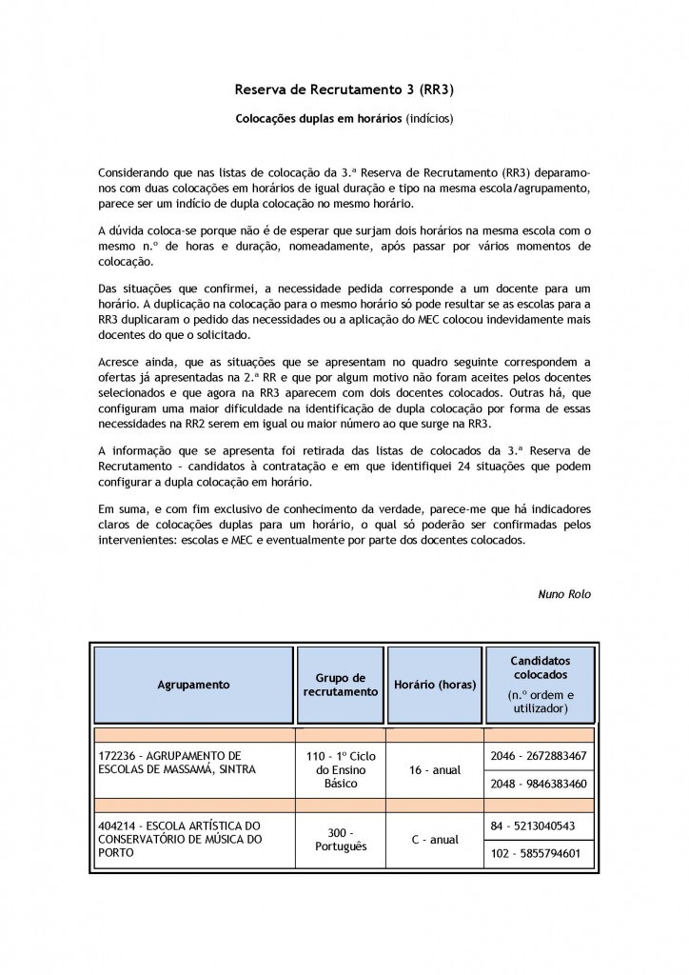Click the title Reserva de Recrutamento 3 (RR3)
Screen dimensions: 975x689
pos(344,90)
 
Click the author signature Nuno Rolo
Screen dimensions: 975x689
pos(564,594)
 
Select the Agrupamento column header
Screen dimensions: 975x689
pos(194,685)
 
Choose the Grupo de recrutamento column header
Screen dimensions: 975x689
pos(340,685)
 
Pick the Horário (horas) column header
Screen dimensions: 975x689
pos(435,685)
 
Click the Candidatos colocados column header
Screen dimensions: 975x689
pos(539,684)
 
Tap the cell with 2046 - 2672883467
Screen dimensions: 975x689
pos(539,755)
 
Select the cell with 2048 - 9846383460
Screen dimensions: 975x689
pos(539,784)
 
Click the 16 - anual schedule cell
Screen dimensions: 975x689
pos(435,769)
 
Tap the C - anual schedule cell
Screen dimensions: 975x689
pos(435,839)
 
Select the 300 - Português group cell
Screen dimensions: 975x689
pos(340,839)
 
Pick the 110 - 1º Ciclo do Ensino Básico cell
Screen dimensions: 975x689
pos(340,769)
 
